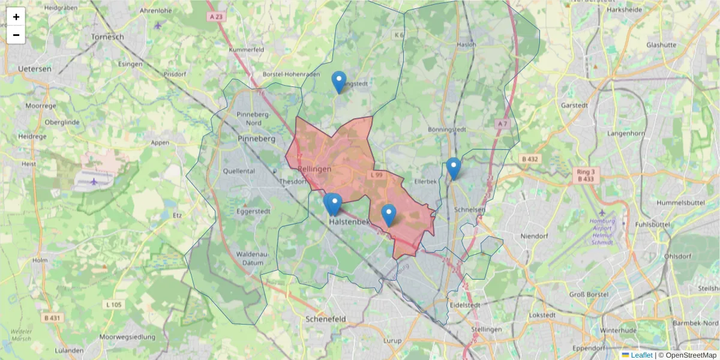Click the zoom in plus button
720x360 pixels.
point(16,17)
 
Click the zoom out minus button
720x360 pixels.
point(16,35)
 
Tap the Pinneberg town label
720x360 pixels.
point(256,139)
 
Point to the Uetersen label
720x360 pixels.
point(34,69)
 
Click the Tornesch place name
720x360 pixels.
point(107,37)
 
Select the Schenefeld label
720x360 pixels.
point(326,319)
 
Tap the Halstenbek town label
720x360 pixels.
point(350,222)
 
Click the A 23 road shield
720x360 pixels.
point(217,17)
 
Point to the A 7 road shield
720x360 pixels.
point(502,124)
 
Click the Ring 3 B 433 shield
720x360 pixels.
point(585,175)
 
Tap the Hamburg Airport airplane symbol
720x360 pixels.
point(603,213)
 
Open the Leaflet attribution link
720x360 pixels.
point(641,355)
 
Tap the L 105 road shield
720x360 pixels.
point(113,305)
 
